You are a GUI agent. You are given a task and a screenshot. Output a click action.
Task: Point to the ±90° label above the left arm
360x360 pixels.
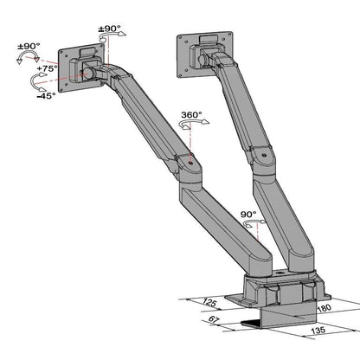point(109,29)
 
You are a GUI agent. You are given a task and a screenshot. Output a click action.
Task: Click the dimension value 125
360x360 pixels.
point(208,302)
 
